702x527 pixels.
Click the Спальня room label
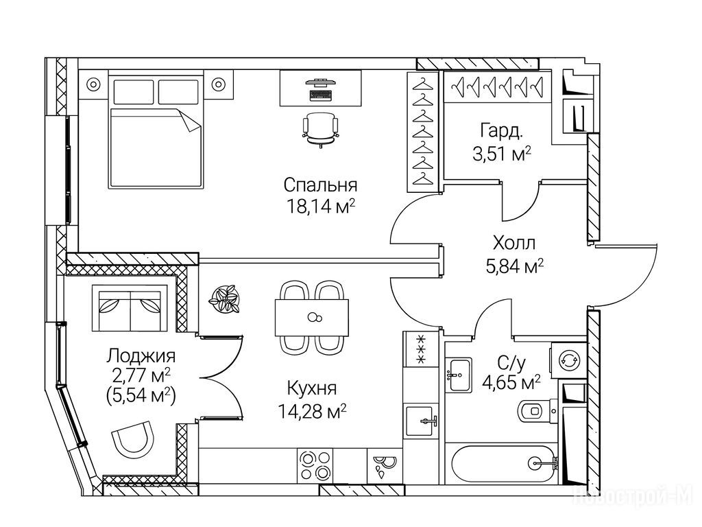pyautogui.click(x=321, y=185)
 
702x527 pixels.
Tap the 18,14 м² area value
pyautogui.click(x=321, y=207)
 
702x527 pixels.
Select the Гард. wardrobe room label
pyautogui.click(x=503, y=131)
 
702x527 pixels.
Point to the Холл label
pyautogui.click(x=513, y=243)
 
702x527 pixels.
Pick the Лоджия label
pyautogui.click(x=141, y=356)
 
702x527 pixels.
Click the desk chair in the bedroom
pyautogui.click(x=320, y=128)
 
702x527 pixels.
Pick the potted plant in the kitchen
pyautogui.click(x=224, y=299)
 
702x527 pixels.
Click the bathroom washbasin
pyautogui.click(x=457, y=375)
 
